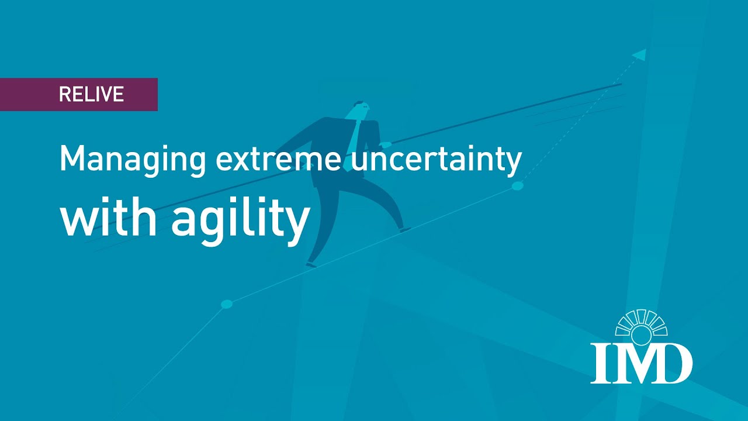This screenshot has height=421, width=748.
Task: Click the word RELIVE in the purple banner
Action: click(91, 95)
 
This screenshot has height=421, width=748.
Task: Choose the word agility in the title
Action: click(240, 221)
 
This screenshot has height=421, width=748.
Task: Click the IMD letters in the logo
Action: click(641, 363)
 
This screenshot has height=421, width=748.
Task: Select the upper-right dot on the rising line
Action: click(517, 186)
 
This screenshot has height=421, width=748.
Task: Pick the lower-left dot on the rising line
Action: click(227, 304)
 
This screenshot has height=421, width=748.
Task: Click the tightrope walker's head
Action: click(360, 109)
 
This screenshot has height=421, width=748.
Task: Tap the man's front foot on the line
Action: click(404, 230)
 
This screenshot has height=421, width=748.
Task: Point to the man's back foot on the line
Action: click(311, 265)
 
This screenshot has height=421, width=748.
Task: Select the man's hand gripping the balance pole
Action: click(386, 144)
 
